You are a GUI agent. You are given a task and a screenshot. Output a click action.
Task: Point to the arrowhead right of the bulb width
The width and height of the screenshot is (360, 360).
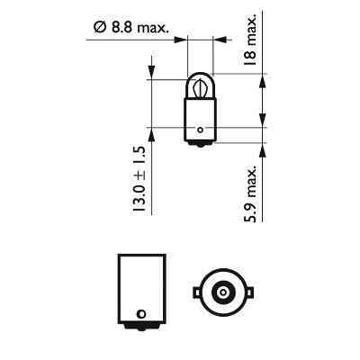pyautogui.click(x=220, y=40)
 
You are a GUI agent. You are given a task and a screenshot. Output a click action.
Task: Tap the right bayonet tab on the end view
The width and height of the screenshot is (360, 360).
pyautogui.click(x=245, y=292)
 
